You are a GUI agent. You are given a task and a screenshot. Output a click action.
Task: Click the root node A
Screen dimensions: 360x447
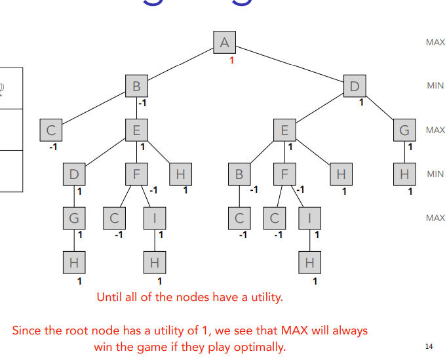coord(224,43)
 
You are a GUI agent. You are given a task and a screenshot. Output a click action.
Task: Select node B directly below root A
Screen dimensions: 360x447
coord(137,86)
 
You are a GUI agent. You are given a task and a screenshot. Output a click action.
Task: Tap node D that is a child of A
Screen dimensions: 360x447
coord(355,86)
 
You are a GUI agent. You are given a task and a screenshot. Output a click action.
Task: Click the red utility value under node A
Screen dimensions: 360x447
coord(231,60)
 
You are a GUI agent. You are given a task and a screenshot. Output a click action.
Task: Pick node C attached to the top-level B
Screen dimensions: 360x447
coord(50,130)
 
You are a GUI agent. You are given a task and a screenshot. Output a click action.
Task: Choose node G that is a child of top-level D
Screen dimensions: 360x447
coord(404,130)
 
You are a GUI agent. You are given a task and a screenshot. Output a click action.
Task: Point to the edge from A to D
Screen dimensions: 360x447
coord(288,64)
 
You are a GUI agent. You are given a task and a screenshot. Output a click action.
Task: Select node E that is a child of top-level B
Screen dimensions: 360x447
coord(136,130)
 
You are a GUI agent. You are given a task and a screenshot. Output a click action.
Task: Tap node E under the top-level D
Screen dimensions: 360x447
coord(284,130)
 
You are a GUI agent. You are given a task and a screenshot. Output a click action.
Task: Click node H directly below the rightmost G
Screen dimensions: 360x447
coord(404,174)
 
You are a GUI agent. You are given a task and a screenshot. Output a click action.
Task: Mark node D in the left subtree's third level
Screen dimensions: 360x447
coord(74,174)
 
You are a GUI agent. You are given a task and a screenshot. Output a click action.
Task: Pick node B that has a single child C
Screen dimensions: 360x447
coord(239,174)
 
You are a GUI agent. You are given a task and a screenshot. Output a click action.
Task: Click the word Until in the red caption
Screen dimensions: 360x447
coord(110,297)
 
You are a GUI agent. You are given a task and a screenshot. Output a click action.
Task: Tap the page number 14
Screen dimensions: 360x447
coord(429,346)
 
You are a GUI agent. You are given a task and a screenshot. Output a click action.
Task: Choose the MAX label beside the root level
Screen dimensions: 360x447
coord(435,43)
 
